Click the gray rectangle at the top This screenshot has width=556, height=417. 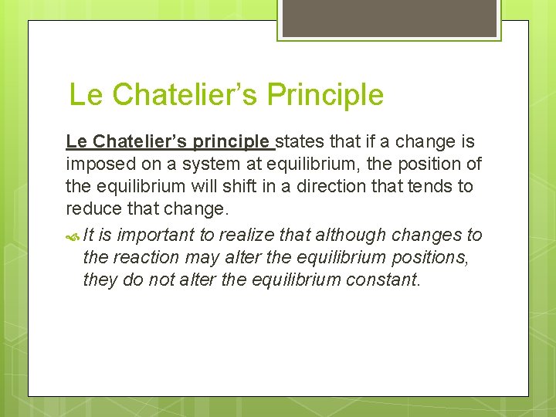click(389, 18)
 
